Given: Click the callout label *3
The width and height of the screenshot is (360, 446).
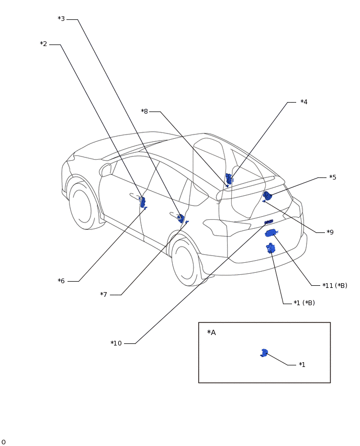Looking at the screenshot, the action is click(x=61, y=19).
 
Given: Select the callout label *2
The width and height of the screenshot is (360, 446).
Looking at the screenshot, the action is click(x=43, y=44).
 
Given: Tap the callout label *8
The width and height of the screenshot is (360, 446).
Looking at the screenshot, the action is click(x=144, y=111).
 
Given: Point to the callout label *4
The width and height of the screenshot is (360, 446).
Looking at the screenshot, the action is click(x=304, y=102).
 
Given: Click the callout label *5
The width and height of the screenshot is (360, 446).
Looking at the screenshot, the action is click(x=333, y=177).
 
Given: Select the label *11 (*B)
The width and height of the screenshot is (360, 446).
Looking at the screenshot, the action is click(x=335, y=285).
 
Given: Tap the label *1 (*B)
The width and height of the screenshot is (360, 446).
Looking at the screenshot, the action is click(x=304, y=303).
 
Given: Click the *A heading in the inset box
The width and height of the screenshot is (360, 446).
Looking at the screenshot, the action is click(x=211, y=332).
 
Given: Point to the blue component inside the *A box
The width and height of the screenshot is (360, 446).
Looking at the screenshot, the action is click(x=264, y=353).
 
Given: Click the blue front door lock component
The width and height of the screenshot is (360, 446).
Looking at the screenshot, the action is click(x=143, y=202).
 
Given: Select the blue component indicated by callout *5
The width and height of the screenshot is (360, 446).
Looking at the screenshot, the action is click(x=267, y=195).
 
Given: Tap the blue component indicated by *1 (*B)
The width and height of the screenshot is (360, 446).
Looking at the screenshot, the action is click(x=271, y=248).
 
